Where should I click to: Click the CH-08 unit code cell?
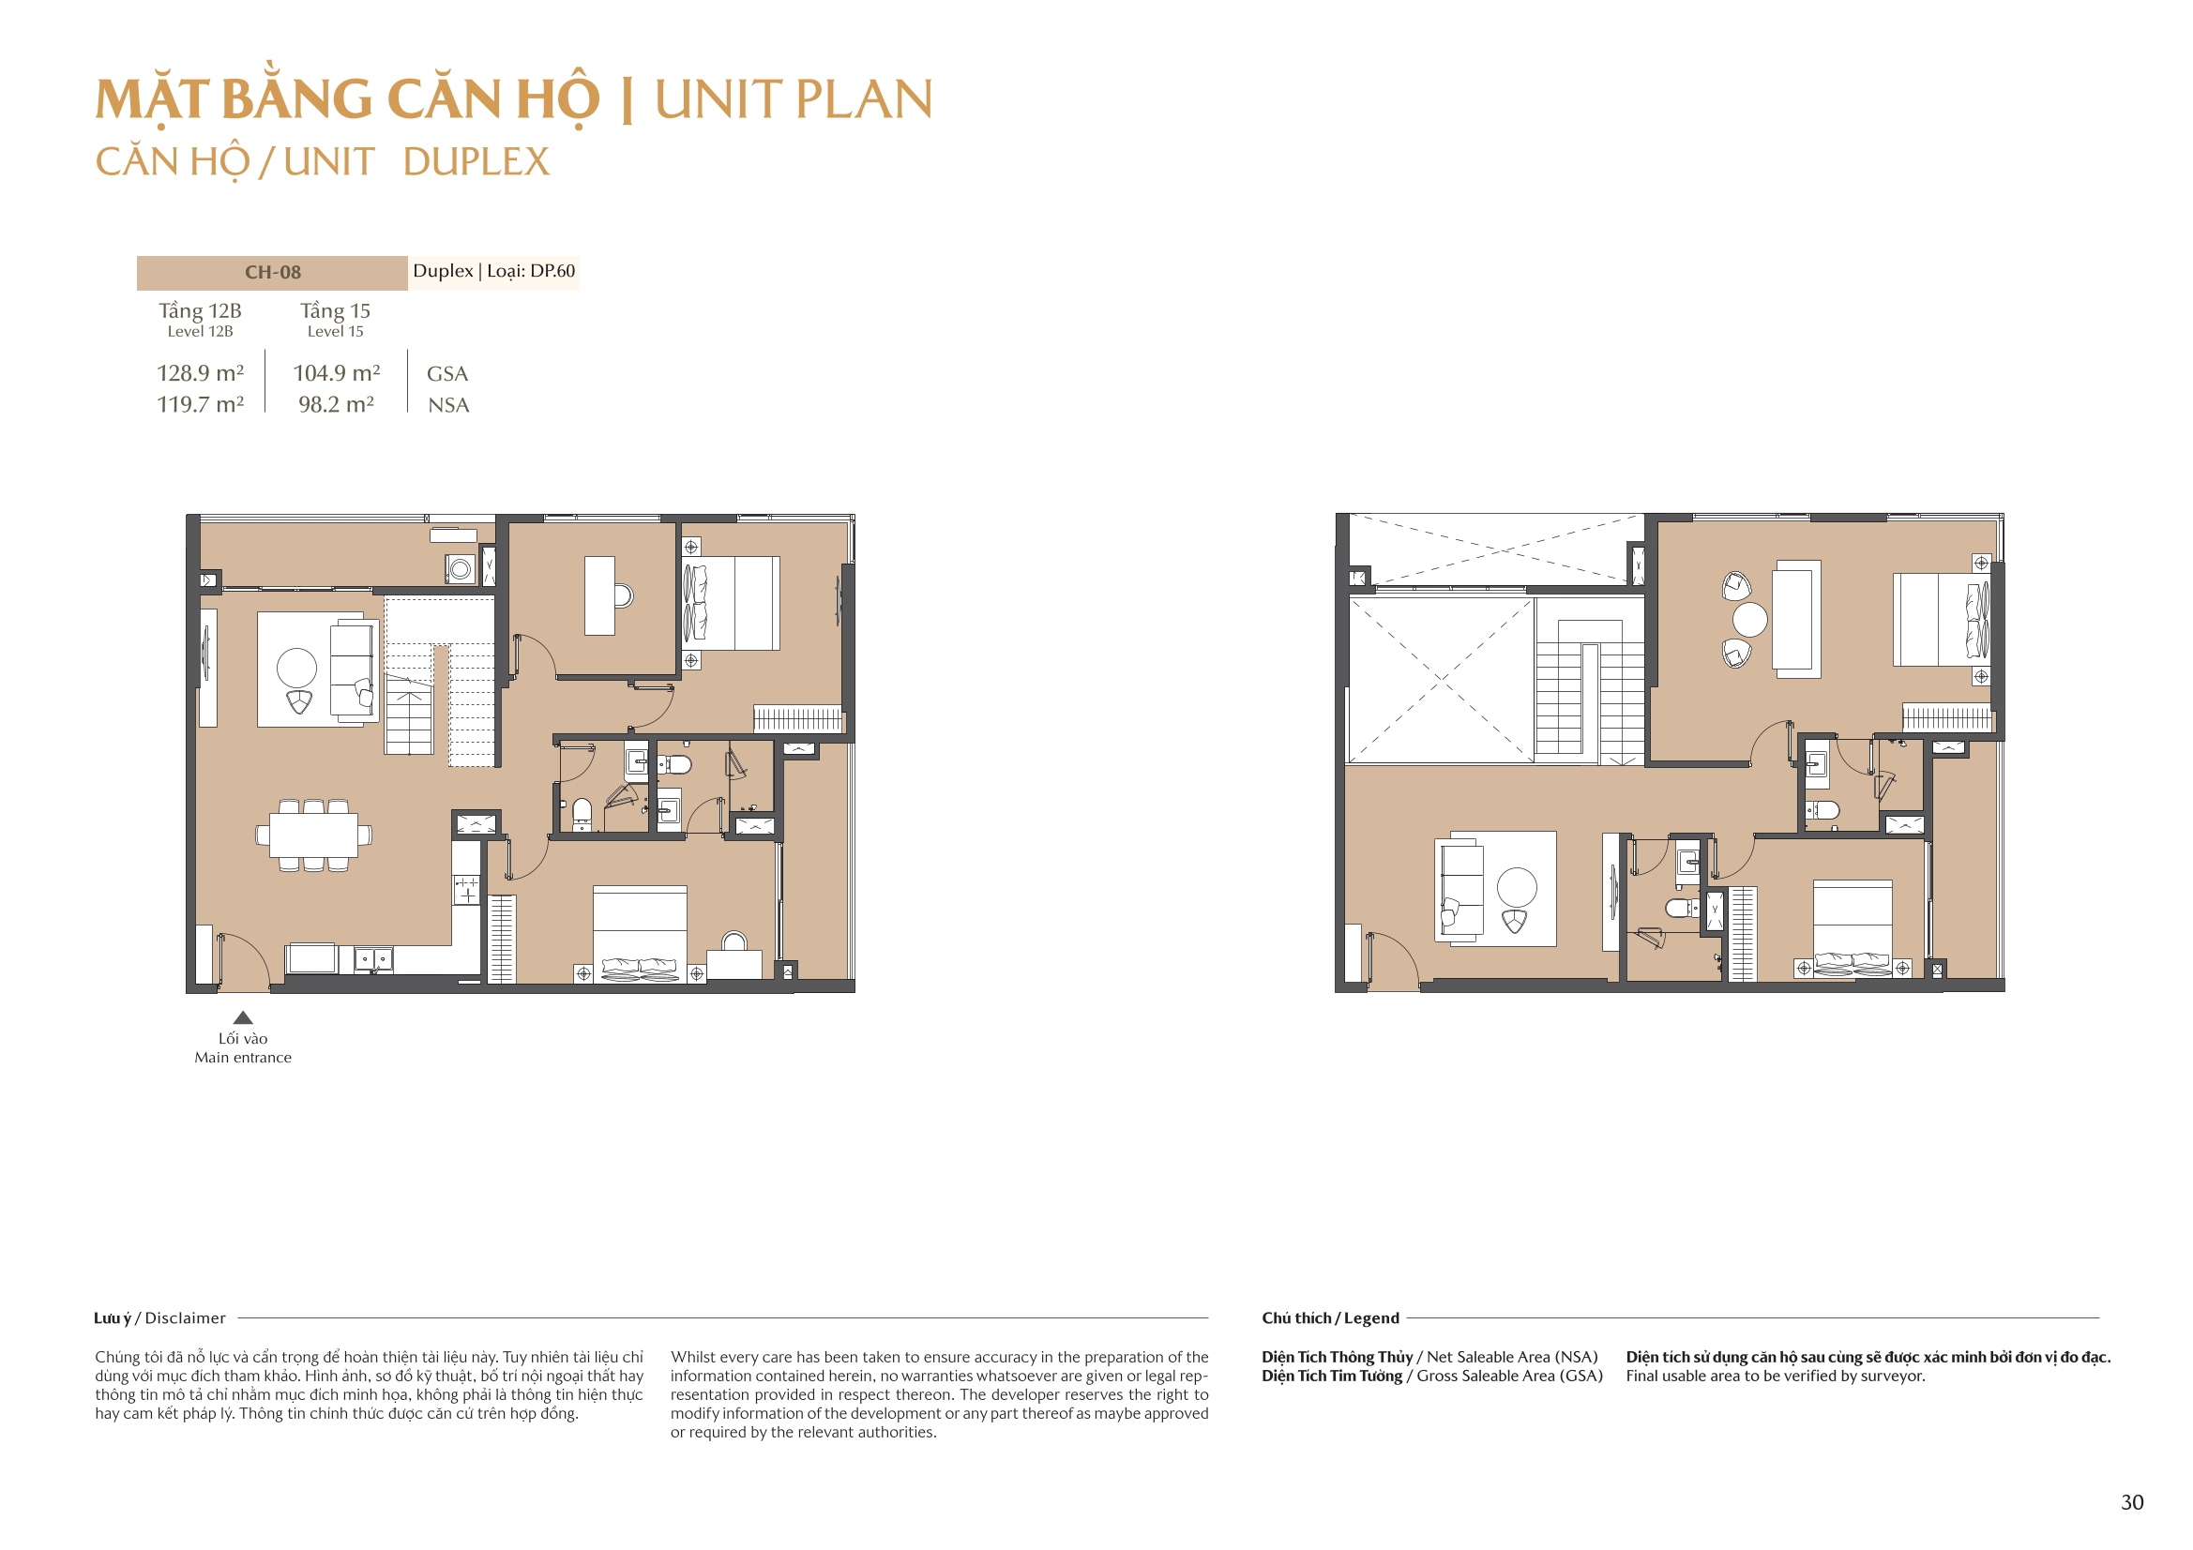point(272,272)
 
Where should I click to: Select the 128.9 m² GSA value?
point(201,373)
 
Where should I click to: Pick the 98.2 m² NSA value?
point(335,405)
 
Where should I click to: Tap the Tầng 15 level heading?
point(335,311)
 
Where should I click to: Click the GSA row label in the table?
point(447,374)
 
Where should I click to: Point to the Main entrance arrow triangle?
point(243,1018)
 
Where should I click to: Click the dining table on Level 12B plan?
point(313,835)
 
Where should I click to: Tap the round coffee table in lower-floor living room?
point(296,668)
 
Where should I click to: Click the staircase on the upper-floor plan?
point(1589,697)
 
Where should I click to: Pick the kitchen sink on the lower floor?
point(373,958)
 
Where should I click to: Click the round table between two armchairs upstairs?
point(1750,620)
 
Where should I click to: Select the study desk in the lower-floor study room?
point(599,596)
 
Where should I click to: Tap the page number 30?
point(2132,1502)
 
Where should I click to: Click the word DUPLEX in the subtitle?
point(476,162)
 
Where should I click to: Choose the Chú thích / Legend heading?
point(1329,1318)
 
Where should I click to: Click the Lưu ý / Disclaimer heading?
point(159,1318)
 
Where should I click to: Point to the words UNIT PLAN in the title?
point(793,99)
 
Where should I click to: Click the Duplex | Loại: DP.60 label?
point(493,271)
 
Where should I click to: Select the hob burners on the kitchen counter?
point(466,890)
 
